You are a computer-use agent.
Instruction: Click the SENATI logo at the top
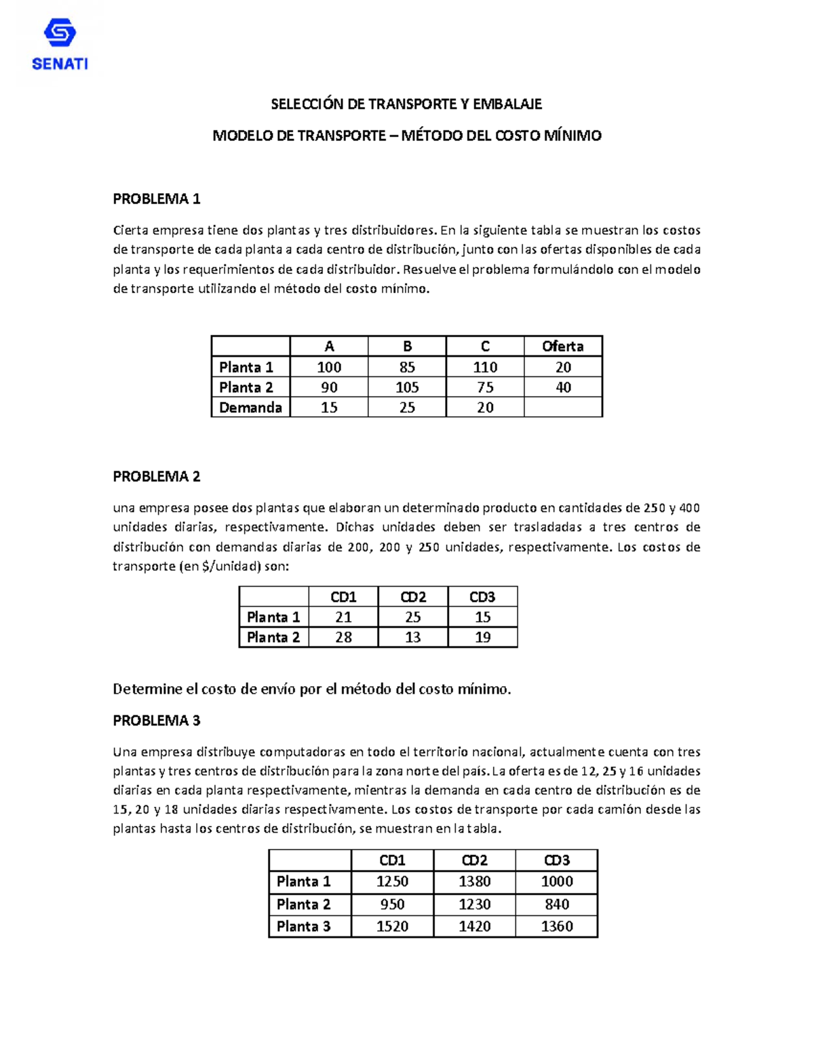(60, 45)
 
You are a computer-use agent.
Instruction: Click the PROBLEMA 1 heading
(157, 199)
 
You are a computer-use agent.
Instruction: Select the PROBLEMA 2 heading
(157, 477)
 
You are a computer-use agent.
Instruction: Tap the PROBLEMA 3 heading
(157, 720)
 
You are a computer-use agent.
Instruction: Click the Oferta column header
(562, 346)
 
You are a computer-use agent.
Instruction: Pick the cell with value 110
(485, 367)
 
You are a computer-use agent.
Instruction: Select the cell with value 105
(407, 387)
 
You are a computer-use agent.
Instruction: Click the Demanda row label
(250, 408)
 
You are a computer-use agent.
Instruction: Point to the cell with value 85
(407, 367)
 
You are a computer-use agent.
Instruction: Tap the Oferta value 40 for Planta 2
(563, 387)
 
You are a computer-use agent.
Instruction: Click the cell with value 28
(343, 637)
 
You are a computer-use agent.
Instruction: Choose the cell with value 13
(412, 637)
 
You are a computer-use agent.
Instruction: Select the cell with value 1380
(474, 881)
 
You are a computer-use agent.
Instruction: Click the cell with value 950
(392, 905)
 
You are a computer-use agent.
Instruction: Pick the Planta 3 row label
(303, 926)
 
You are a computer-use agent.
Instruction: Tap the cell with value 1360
(556, 926)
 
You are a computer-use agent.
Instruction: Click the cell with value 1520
(392, 926)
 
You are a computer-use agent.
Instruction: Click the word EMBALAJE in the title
(507, 104)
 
